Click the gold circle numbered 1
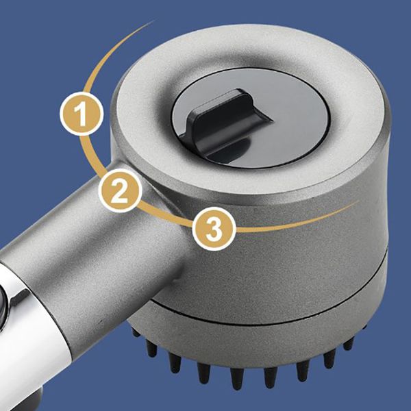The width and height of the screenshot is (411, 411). (x=82, y=114)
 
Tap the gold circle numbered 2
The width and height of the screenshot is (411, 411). (x=121, y=190)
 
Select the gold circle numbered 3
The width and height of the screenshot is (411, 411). (x=214, y=229)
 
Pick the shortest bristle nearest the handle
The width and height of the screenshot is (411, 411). (x=136, y=332)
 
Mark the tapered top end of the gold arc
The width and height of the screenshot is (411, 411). (x=153, y=21)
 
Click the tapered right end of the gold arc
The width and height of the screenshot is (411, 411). (x=358, y=201)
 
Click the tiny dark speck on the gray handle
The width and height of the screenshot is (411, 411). (x=101, y=321)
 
